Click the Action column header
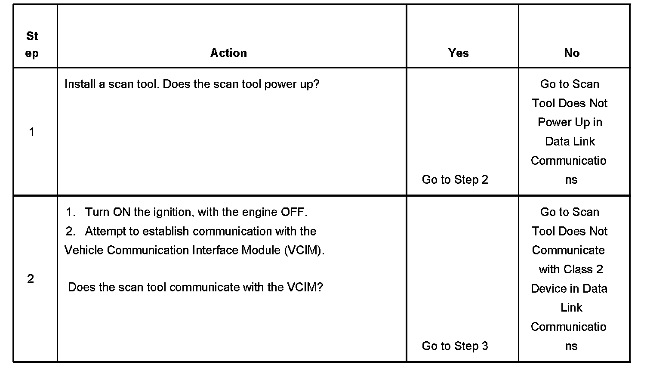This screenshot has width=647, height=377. click(228, 53)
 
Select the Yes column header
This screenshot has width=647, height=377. click(458, 53)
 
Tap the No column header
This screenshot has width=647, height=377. click(572, 53)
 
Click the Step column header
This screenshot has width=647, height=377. click(32, 45)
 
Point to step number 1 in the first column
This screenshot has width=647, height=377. click(31, 132)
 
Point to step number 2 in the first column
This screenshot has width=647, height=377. click(31, 279)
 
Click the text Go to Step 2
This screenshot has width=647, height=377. click(455, 179)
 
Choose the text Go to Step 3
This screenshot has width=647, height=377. click(455, 346)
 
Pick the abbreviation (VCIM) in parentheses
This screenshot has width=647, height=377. click(304, 250)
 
